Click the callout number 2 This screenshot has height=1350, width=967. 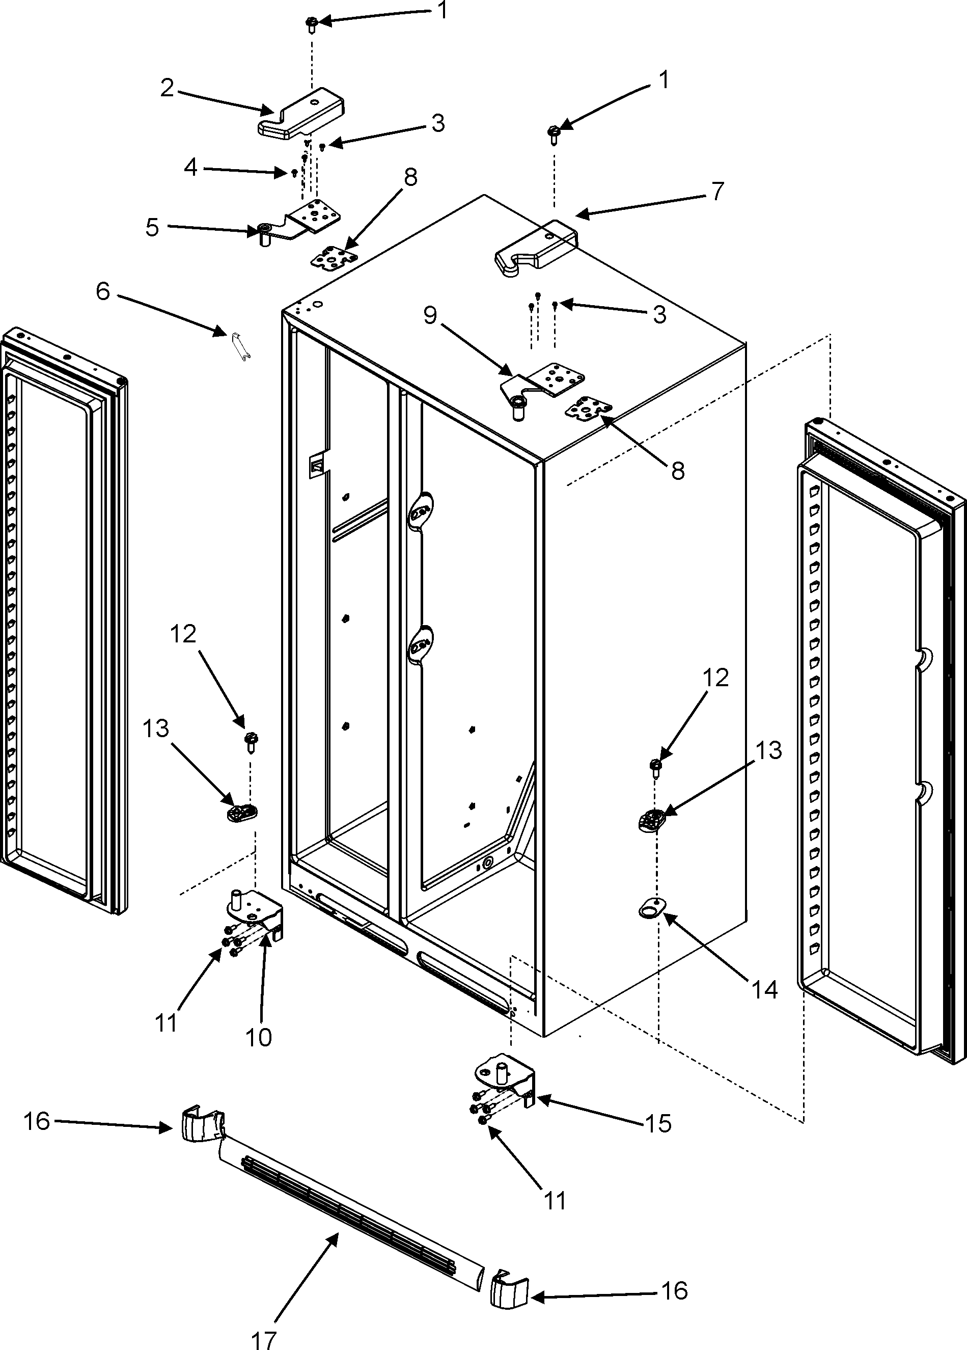pos(167,88)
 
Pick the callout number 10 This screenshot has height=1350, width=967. pos(258,1038)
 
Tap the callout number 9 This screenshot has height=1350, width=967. pos(430,315)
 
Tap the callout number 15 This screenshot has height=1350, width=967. pos(657,1123)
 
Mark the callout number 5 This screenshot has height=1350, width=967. pos(152,227)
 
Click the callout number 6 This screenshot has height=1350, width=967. pos(103,292)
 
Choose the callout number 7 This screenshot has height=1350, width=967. pos(717,192)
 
